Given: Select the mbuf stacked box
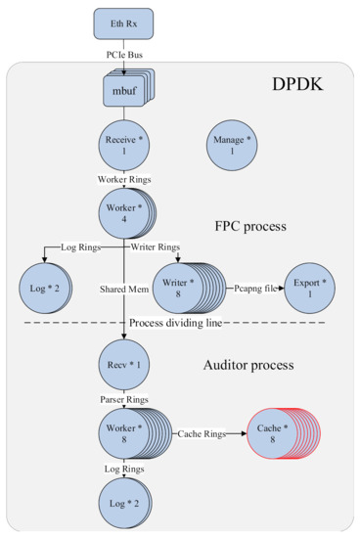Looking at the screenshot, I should pos(123,91).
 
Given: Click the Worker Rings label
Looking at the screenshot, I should pos(123,179).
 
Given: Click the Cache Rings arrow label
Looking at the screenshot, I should pos(204,432).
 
